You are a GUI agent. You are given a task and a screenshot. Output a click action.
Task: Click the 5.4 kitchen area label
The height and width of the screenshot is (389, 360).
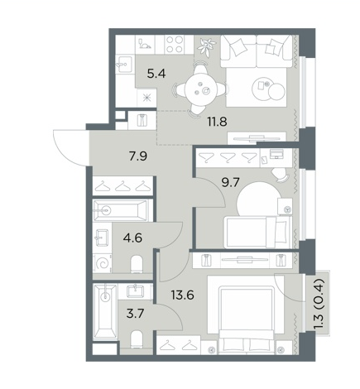point(156,74)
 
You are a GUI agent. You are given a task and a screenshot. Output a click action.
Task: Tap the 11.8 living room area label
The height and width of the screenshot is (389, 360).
point(218,122)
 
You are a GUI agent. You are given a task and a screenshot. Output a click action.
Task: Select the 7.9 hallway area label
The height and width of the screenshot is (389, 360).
point(138,156)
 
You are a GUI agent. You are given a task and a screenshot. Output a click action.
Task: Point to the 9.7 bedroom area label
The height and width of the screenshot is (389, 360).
point(231,182)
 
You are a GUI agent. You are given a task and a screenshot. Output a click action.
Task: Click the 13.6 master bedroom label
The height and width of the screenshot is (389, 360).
point(182,295)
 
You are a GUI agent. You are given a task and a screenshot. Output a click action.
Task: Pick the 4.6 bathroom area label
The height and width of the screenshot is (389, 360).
point(133,238)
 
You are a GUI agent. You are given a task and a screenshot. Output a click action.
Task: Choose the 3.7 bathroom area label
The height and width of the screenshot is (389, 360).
point(136,314)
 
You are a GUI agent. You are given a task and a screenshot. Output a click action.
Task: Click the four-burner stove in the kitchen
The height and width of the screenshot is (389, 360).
point(175,45)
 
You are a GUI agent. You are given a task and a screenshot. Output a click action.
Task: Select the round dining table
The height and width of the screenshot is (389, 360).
point(201,89)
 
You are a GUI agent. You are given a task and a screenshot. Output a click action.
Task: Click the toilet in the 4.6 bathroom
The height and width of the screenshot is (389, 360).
point(137,264)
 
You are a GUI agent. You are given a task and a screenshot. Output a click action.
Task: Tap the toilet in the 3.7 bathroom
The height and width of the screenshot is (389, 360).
point(137,339)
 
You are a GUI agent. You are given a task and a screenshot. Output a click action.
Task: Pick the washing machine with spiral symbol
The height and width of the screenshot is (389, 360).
point(103,263)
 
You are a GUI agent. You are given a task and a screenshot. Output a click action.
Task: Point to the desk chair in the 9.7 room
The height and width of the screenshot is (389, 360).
point(280,175)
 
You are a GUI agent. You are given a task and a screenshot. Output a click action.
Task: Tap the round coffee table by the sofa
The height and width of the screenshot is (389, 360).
point(268,89)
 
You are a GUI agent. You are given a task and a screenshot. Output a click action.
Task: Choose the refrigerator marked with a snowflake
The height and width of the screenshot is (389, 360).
point(146,98)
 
